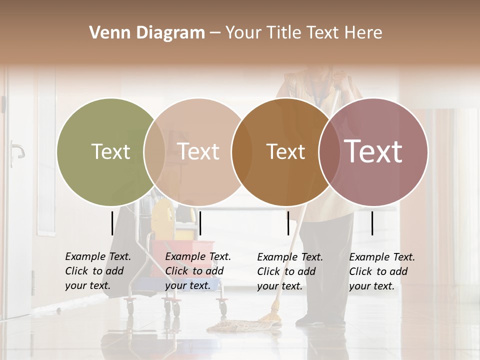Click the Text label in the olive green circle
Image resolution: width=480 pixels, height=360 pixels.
point(111,151)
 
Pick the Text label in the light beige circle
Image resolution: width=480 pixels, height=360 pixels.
point(198,151)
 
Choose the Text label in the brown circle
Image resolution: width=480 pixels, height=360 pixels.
point(285,152)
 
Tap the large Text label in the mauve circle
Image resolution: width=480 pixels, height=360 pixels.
point(373,151)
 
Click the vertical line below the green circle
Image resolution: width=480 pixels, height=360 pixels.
point(112,223)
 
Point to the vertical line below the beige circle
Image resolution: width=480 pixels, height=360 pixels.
point(200,223)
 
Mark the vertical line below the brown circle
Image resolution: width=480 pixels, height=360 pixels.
point(288,223)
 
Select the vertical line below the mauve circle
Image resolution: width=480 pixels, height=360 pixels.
point(372,223)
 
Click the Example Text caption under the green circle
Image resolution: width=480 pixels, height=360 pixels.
point(98,271)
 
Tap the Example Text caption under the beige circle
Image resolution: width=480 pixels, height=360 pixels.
point(198,271)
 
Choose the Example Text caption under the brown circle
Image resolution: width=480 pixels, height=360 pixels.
point(290,271)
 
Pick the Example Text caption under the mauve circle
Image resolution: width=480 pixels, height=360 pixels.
point(382,271)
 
